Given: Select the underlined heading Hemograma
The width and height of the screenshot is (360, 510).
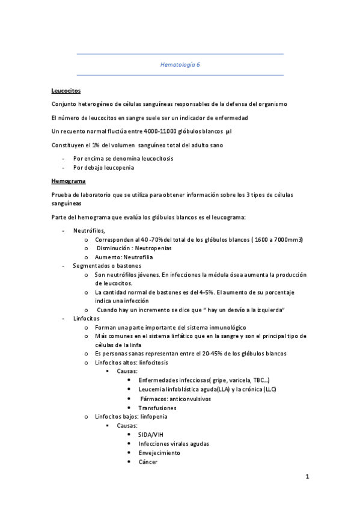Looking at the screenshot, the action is (x=68, y=180).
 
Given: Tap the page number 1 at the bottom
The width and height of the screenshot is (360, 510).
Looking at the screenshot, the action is (x=307, y=478).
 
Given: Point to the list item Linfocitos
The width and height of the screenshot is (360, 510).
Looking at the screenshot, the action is (x=87, y=318).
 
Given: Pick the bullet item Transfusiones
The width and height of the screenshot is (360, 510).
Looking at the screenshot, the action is (x=157, y=408).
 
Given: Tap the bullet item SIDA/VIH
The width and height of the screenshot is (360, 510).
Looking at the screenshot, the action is (x=150, y=434).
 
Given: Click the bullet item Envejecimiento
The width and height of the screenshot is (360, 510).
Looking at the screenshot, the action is (x=159, y=452).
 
